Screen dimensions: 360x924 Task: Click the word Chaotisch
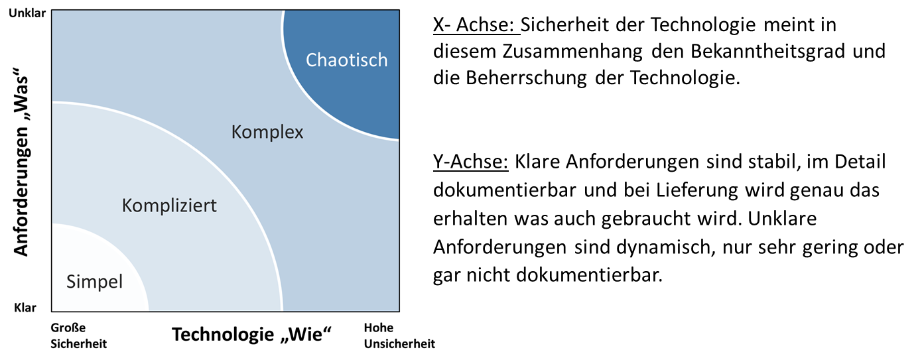(x=346, y=60)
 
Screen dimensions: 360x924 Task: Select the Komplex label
(x=267, y=132)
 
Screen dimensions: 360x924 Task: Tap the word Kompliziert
(x=169, y=206)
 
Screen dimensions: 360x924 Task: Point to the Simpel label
(x=94, y=282)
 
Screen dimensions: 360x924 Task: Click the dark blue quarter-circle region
(x=352, y=99)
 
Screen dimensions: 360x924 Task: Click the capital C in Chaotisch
(x=311, y=60)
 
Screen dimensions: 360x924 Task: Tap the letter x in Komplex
(x=299, y=133)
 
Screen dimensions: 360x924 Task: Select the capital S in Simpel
(x=71, y=282)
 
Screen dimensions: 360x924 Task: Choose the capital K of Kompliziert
(x=127, y=206)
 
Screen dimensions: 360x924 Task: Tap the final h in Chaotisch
(x=383, y=60)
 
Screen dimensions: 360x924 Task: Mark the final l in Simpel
(x=121, y=282)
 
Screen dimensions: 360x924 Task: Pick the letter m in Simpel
(x=88, y=283)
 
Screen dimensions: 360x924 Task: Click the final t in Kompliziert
(x=214, y=206)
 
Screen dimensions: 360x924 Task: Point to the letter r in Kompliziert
(x=208, y=207)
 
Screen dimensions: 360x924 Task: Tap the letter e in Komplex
(x=291, y=133)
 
